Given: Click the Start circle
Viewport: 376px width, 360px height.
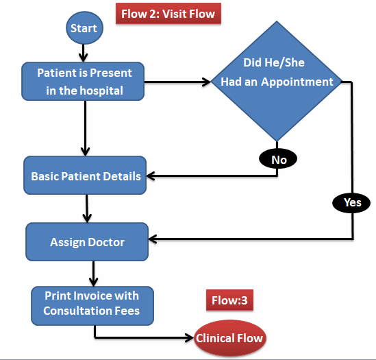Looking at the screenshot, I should [x=84, y=28].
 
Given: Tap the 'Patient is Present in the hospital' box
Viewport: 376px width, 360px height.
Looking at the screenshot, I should [x=85, y=81].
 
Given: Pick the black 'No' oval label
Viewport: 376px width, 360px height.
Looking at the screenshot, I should [x=278, y=159].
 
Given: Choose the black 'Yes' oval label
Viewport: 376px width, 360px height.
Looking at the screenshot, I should [x=351, y=202].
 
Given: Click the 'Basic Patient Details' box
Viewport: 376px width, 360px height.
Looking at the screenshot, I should [x=86, y=176].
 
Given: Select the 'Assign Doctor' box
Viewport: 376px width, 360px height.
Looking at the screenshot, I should [x=87, y=242].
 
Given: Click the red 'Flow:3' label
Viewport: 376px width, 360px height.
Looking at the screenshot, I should [x=230, y=300].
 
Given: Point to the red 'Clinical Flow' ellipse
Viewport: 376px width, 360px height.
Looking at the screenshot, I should [x=229, y=338].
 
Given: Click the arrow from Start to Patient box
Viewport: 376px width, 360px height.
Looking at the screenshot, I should [x=84, y=51].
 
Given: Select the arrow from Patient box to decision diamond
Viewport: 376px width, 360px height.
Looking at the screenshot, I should [x=178, y=83].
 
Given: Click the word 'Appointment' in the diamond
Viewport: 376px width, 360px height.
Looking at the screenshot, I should [x=301, y=82].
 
